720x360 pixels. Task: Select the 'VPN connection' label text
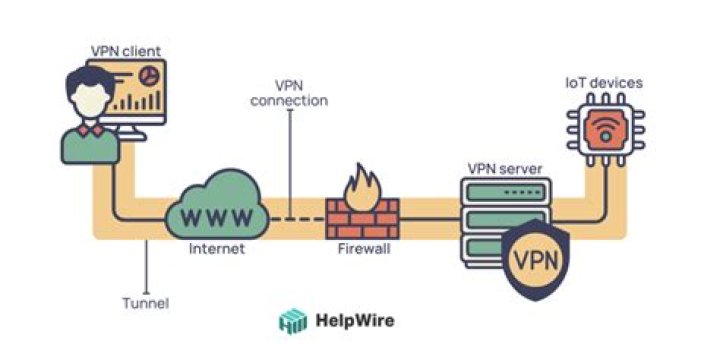click(x=289, y=93)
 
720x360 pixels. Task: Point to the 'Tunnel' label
click(x=146, y=303)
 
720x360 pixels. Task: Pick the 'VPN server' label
click(x=505, y=169)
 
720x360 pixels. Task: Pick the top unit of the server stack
click(x=505, y=191)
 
